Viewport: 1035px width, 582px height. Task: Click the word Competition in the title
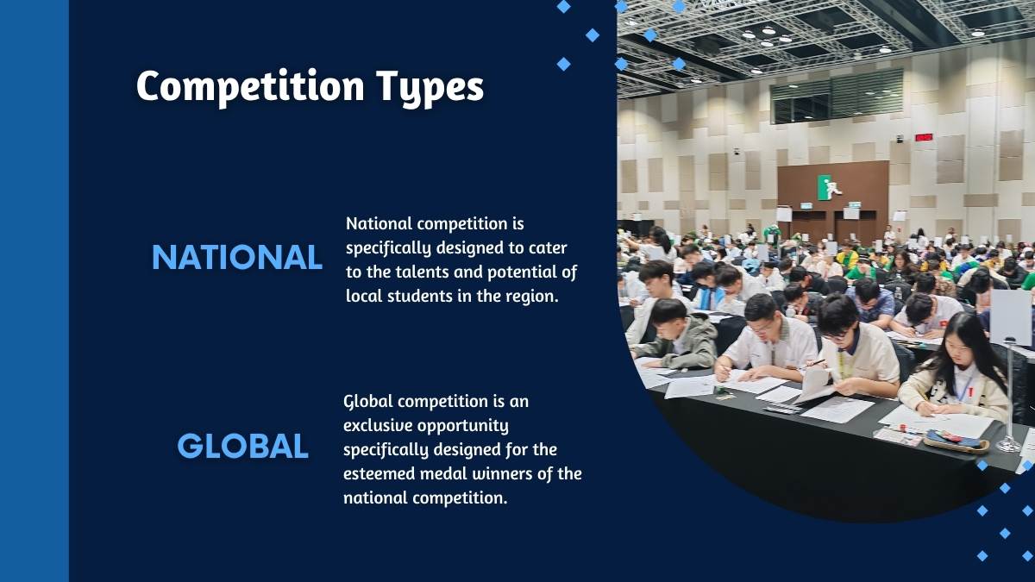tap(250, 87)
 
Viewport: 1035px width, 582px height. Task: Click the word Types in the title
tap(430, 88)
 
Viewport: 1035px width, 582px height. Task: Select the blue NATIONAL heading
tap(237, 257)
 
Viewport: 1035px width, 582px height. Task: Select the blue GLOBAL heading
tap(242, 446)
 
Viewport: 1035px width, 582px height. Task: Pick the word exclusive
tap(378, 425)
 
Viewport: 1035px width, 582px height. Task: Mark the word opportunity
tap(463, 426)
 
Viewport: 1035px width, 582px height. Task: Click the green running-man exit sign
tap(830, 188)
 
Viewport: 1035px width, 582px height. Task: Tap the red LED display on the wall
tap(924, 137)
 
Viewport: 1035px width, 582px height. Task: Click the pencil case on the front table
tap(955, 441)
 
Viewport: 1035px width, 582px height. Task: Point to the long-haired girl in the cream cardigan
tap(956, 366)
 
